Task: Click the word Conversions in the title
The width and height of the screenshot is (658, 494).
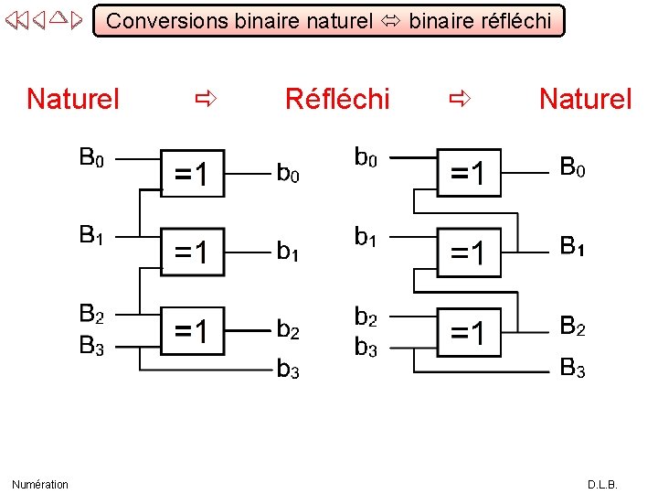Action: (167, 21)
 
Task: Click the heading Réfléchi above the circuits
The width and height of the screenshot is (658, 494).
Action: (337, 99)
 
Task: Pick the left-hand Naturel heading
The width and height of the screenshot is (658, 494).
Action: (73, 99)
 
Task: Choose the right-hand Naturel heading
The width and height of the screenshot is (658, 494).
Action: (585, 99)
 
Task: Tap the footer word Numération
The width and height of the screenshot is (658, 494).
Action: (40, 484)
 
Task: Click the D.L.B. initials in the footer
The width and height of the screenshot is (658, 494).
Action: (602, 484)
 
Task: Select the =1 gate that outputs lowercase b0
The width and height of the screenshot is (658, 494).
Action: (191, 174)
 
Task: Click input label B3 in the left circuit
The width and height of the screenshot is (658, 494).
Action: (91, 346)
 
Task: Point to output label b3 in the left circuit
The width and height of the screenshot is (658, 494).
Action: (288, 370)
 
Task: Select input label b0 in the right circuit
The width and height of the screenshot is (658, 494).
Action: (366, 159)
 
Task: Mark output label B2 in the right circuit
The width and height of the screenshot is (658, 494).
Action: (573, 327)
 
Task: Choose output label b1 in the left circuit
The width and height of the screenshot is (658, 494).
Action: (288, 251)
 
